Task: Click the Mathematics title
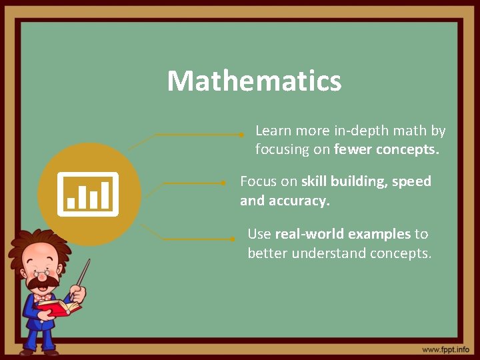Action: click(x=254, y=81)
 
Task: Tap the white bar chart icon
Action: click(x=88, y=194)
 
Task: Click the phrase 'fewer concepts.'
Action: click(x=387, y=150)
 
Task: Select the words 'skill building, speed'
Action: click(x=366, y=181)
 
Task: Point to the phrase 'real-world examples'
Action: click(x=343, y=234)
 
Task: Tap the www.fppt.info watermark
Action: click(x=445, y=349)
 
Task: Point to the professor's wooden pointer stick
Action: click(x=83, y=273)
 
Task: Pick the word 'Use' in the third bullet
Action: click(x=259, y=234)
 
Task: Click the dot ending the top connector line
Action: click(x=241, y=134)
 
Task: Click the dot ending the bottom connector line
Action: click(x=231, y=239)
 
